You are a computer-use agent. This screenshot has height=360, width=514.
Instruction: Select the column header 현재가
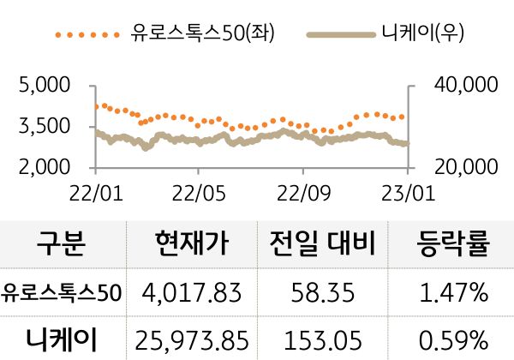[192, 245]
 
